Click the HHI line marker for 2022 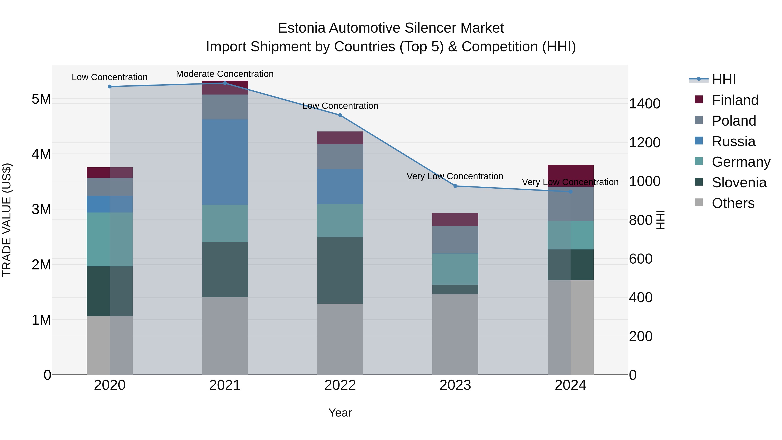[x=340, y=115]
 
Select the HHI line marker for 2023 [x=455, y=186]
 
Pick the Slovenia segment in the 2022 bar [x=340, y=270]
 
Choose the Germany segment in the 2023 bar [x=455, y=269]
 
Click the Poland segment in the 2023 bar [x=455, y=240]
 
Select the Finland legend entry [x=735, y=100]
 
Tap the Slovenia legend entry [x=739, y=183]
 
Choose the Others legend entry [x=733, y=203]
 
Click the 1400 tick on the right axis [x=644, y=104]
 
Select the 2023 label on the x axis [x=455, y=385]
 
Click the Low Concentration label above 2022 [x=340, y=106]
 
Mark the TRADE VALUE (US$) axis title [x=7, y=220]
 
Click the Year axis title [x=340, y=413]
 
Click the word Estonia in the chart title [x=302, y=28]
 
